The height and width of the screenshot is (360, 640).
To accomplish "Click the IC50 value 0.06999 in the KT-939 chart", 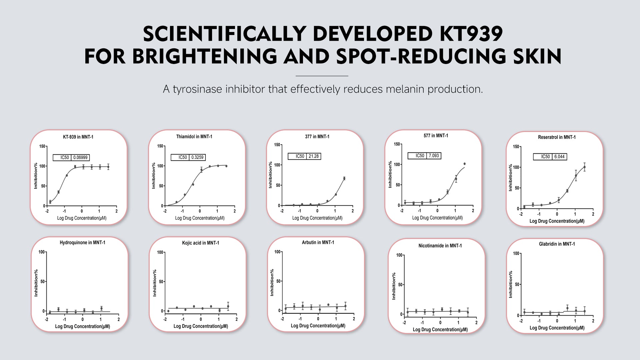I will (x=80, y=158).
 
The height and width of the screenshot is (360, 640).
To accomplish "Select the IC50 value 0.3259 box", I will (x=197, y=157).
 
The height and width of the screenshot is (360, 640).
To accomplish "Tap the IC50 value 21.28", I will (x=313, y=156).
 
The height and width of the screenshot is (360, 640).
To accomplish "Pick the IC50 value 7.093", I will (x=434, y=156).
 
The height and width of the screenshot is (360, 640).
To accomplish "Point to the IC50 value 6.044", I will (x=559, y=157).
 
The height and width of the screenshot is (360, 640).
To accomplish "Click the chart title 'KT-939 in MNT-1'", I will (x=78, y=137).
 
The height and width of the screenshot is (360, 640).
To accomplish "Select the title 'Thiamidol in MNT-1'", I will (x=194, y=137).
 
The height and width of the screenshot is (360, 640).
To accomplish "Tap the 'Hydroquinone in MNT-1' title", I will (x=82, y=243).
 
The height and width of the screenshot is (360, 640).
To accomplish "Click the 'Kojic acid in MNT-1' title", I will (x=200, y=243).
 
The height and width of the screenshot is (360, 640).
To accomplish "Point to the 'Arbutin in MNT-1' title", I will (x=318, y=243).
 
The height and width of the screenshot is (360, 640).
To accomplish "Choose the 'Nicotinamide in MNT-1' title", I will (x=440, y=246).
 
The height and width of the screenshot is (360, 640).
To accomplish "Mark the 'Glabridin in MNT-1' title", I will (x=557, y=244).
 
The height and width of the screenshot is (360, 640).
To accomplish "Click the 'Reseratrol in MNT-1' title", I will (x=557, y=137).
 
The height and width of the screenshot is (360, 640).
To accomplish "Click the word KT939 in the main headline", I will (x=471, y=34).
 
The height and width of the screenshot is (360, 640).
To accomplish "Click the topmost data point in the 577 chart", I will (x=464, y=164).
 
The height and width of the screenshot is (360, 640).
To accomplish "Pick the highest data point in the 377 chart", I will (x=344, y=178).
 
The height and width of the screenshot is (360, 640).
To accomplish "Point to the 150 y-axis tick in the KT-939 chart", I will (x=42, y=146).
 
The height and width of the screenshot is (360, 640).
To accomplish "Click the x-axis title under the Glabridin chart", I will (x=557, y=328).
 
